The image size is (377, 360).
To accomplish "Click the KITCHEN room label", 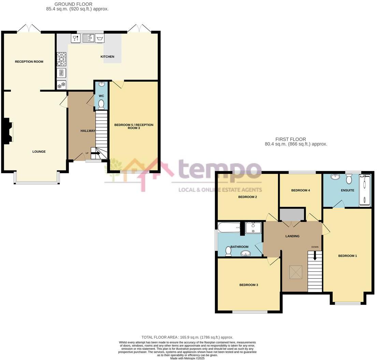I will pyautogui.click(x=107, y=57).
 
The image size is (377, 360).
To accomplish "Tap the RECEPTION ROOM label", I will pyautogui.click(x=29, y=62).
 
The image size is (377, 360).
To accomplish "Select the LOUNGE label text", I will pyautogui.click(x=39, y=152).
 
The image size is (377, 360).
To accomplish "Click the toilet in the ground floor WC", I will pyautogui.click(x=101, y=105).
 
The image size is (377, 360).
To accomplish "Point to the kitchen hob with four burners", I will pyautogui.click(x=61, y=59).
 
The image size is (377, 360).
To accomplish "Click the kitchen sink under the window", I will pyautogui.click(x=88, y=38).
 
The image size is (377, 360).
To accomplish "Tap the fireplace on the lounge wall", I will pyautogui.click(x=9, y=131).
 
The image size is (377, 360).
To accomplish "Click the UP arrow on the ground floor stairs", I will pyautogui.click(x=95, y=153).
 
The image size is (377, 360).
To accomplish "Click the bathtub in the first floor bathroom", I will pyautogui.click(x=229, y=228).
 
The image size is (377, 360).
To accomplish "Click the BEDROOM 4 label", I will pyautogui.click(x=300, y=190).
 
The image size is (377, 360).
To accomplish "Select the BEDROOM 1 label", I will pyautogui.click(x=347, y=256).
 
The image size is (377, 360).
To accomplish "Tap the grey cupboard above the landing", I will pyautogui.click(x=292, y=214).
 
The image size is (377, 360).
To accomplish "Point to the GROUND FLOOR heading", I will pyautogui.click(x=73, y=4).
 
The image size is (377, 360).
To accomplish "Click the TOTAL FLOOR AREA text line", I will pyautogui.click(x=187, y=337).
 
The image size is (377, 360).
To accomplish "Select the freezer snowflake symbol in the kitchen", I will pyautogui.click(x=61, y=85).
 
